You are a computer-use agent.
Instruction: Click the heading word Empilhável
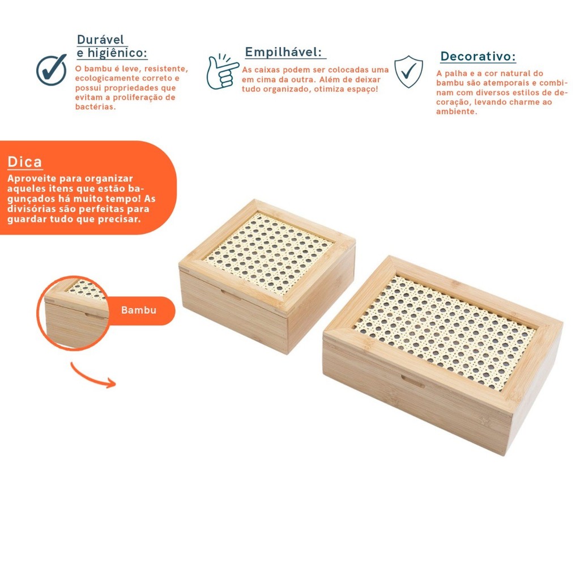[x=283, y=52]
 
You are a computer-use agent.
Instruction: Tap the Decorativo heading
[x=478, y=56]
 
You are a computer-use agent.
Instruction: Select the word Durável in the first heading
[x=100, y=39]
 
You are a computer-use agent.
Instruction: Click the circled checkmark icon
[x=52, y=70]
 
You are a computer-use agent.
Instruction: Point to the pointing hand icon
[x=222, y=71]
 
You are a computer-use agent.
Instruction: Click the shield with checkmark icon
[x=408, y=71]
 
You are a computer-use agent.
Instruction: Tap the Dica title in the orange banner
[x=25, y=162]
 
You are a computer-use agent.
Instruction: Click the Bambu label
[x=139, y=310]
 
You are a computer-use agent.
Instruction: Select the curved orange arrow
[x=91, y=378]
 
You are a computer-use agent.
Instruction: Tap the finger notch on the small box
[x=232, y=294]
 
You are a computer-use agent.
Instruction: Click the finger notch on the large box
[x=412, y=381]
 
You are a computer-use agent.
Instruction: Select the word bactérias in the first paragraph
[x=95, y=106]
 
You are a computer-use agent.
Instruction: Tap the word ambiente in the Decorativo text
[x=457, y=112]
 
